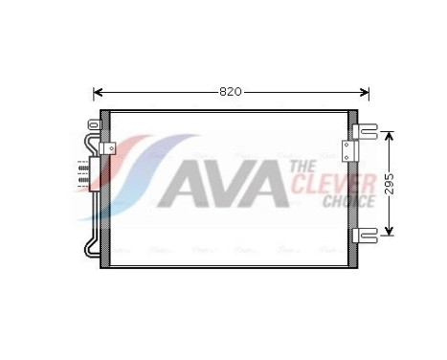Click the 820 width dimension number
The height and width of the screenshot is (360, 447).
(230, 92)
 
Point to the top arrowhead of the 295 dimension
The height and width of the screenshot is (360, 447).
(390, 134)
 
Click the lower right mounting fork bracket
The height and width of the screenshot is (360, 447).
(368, 234)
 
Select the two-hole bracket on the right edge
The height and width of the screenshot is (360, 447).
(348, 149)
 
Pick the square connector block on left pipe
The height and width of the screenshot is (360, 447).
(109, 149)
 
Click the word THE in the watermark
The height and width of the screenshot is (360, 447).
(301, 167)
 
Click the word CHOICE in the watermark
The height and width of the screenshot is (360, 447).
(348, 201)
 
